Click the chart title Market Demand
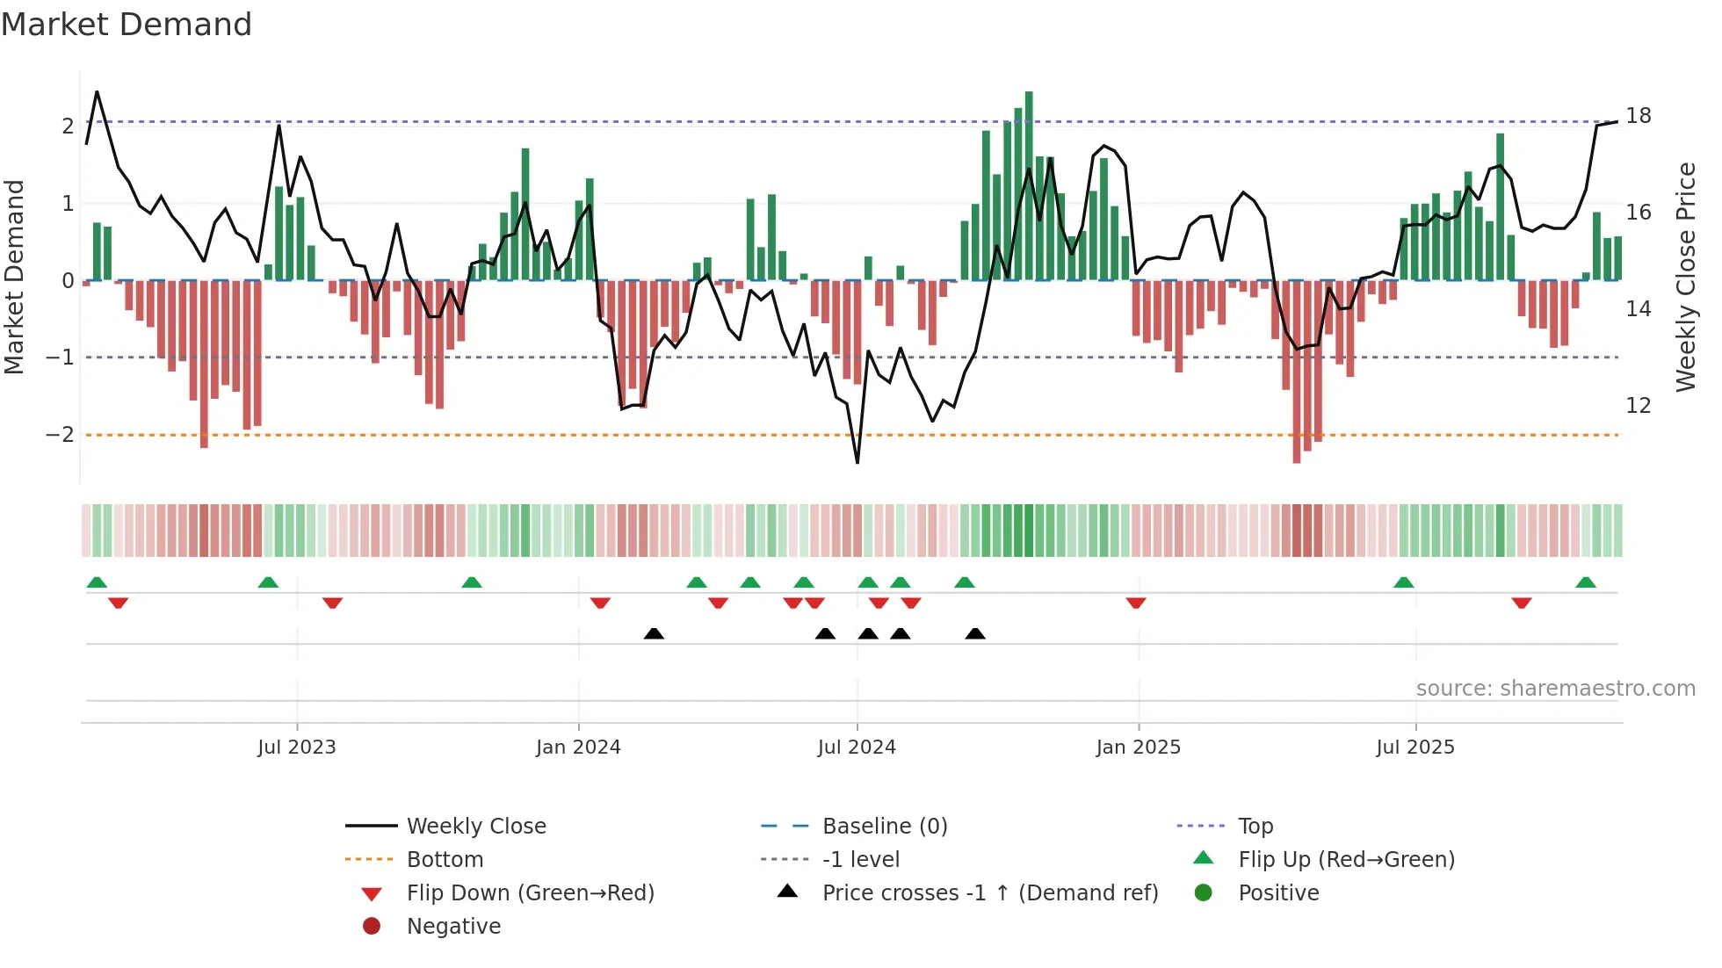127,25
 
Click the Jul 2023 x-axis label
297,748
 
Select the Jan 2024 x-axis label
578,748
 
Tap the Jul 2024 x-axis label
857,748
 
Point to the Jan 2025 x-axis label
1139,748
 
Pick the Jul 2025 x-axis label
1415,748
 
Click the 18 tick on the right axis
1639,116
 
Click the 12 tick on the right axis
1639,406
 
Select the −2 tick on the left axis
60,435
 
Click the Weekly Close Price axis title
1685,277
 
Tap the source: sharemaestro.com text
1555,689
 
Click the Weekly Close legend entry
476,827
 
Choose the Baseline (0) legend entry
885,827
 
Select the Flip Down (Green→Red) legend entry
530,893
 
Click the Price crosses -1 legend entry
990,893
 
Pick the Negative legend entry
453,927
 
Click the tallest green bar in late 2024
1029,184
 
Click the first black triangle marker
654,633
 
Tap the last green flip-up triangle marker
1586,582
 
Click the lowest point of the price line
857,462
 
